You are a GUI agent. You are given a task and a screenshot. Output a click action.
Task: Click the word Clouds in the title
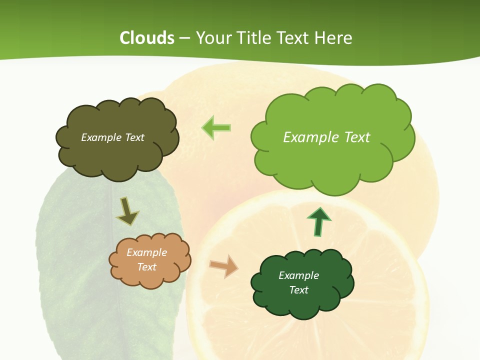pyautogui.click(x=147, y=38)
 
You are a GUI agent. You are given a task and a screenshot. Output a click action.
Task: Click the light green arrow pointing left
pyautogui.click(x=216, y=127)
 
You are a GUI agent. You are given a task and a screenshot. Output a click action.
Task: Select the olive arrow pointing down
pyautogui.click(x=127, y=212)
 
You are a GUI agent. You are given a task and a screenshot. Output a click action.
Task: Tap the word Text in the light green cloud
pyautogui.click(x=357, y=137)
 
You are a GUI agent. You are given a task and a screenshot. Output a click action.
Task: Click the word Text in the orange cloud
pyautogui.click(x=147, y=267)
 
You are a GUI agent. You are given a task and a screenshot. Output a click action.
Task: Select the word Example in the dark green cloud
pyautogui.click(x=298, y=275)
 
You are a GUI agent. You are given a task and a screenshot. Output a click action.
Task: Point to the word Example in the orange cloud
pyautogui.click(x=147, y=253)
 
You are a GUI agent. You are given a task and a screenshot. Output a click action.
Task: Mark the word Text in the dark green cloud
pyautogui.click(x=298, y=290)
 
